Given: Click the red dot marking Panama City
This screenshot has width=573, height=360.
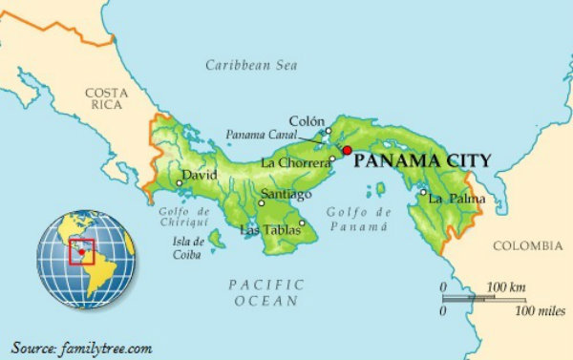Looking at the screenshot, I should [x=348, y=151].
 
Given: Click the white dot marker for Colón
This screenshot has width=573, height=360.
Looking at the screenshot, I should [x=328, y=131].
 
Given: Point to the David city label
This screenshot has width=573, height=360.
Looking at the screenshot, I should [x=201, y=176].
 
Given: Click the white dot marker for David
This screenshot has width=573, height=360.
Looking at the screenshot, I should [x=180, y=182].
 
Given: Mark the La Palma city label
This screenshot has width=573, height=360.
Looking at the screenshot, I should [x=456, y=199].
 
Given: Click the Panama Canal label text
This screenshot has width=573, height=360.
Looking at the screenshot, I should [x=256, y=136].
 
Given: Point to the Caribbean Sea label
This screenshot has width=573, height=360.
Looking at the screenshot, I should [x=252, y=65].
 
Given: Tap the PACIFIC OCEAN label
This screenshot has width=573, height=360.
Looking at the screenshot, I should [x=266, y=292].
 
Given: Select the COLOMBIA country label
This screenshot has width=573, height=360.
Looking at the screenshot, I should [x=527, y=245].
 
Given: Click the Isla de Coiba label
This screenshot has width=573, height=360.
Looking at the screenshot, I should [x=186, y=248].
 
